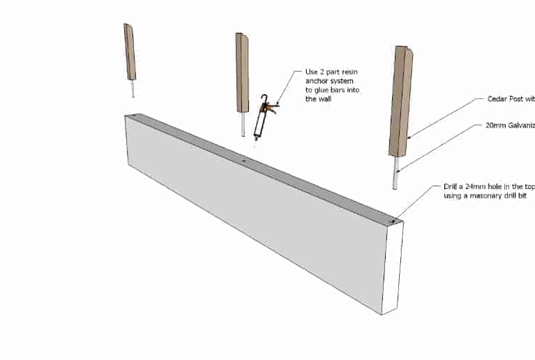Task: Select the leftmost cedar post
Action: tap(130, 52)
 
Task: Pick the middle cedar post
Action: tap(242, 73)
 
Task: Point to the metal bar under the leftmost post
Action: tap(133, 89)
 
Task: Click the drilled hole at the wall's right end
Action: tap(393, 222)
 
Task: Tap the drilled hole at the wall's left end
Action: tap(134, 117)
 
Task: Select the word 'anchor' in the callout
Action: tap(317, 82)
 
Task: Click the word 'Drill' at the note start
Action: tap(452, 187)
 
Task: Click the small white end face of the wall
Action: tap(391, 269)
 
